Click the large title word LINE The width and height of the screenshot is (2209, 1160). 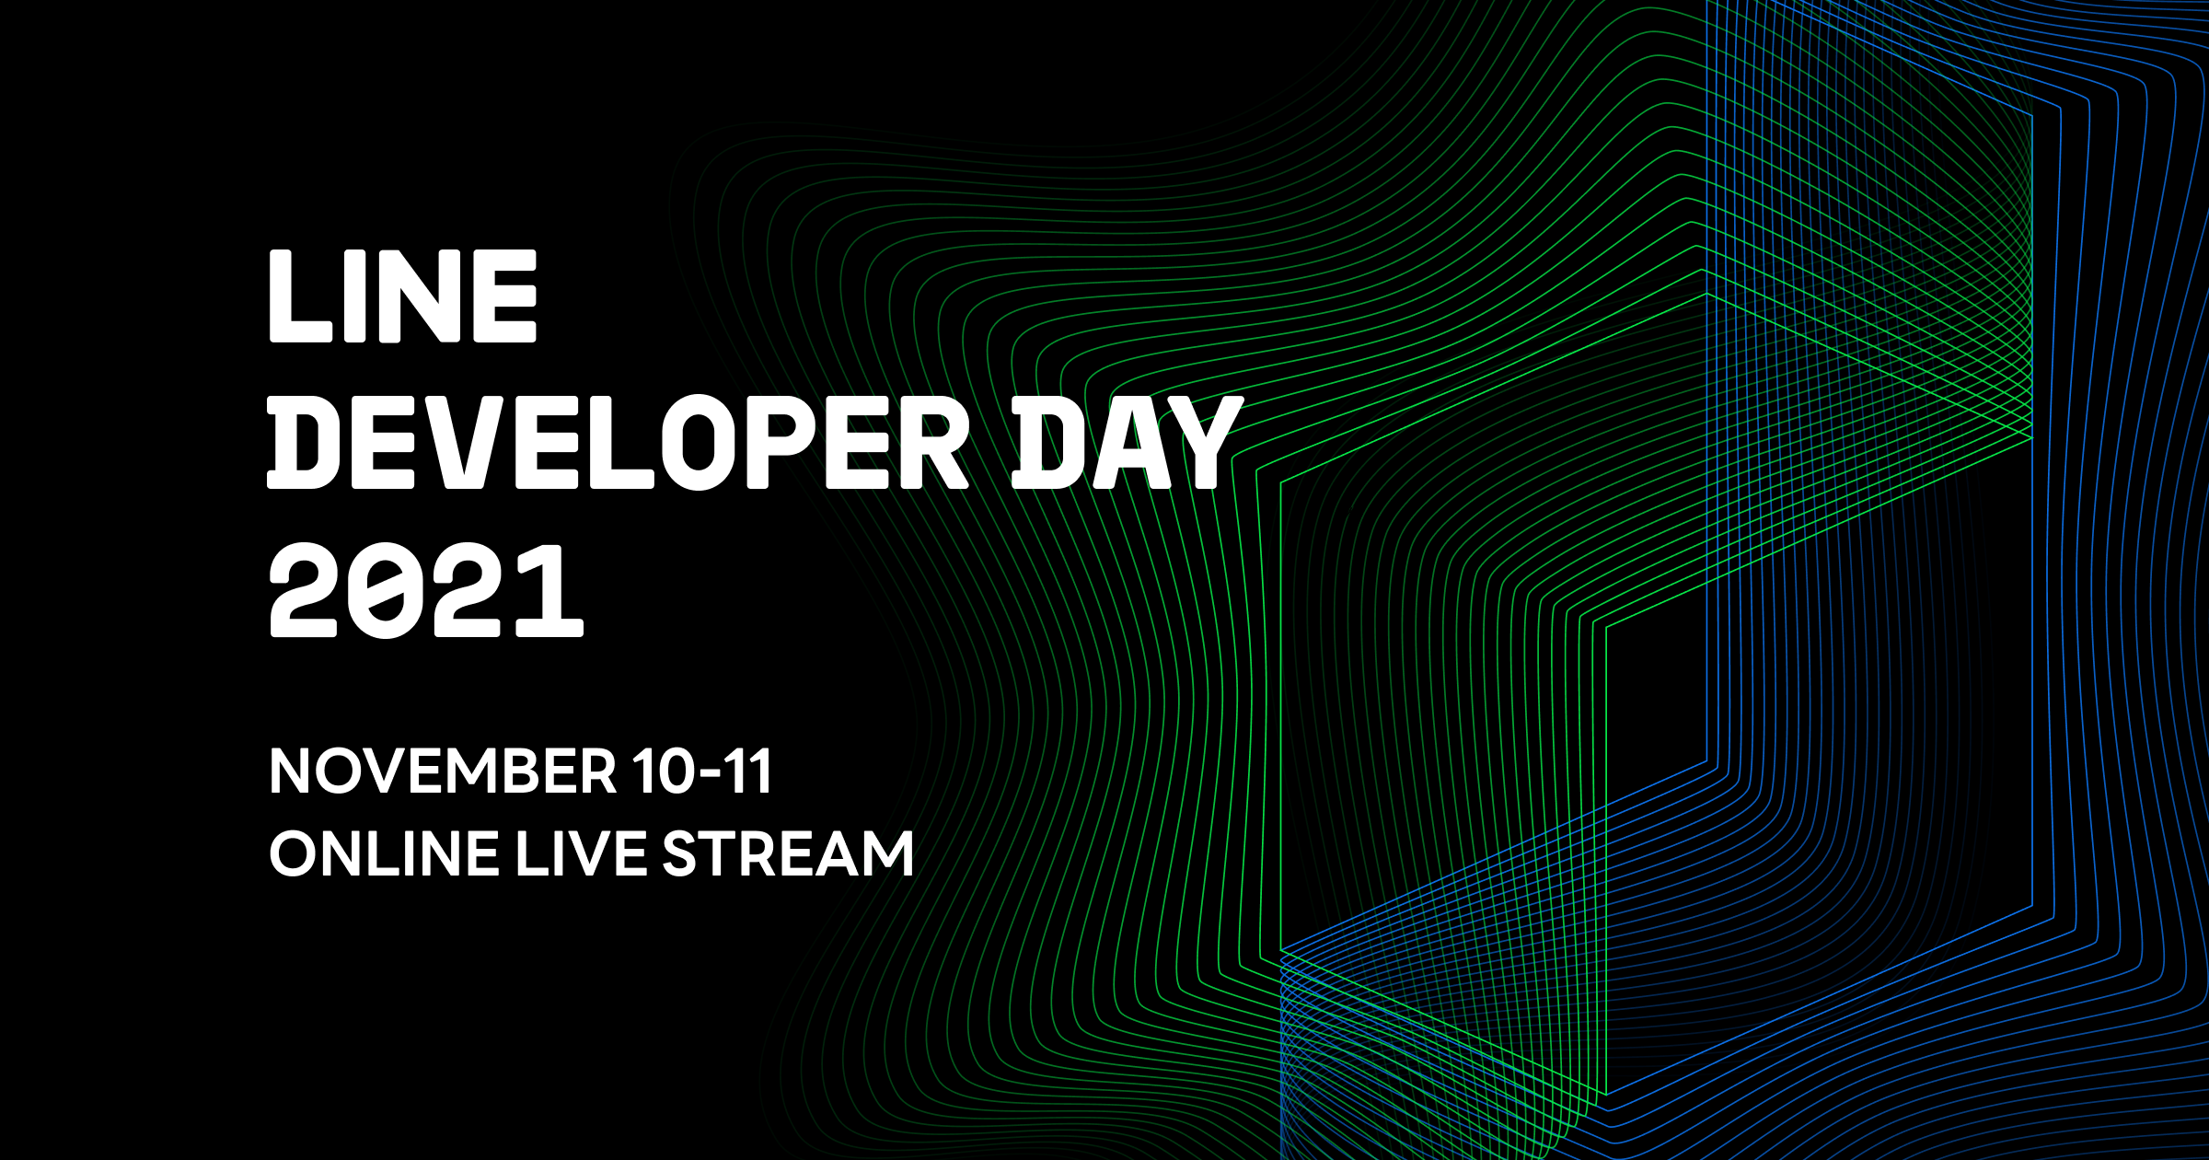click(x=402, y=296)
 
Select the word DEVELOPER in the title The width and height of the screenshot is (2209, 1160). click(x=617, y=443)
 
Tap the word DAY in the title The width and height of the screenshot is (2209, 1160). click(x=1127, y=443)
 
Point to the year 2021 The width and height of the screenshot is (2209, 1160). click(x=426, y=590)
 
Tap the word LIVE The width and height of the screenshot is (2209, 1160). click(x=581, y=854)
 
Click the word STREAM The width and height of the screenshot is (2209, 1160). click(x=788, y=854)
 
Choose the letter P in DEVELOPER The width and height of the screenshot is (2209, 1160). click(x=782, y=443)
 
